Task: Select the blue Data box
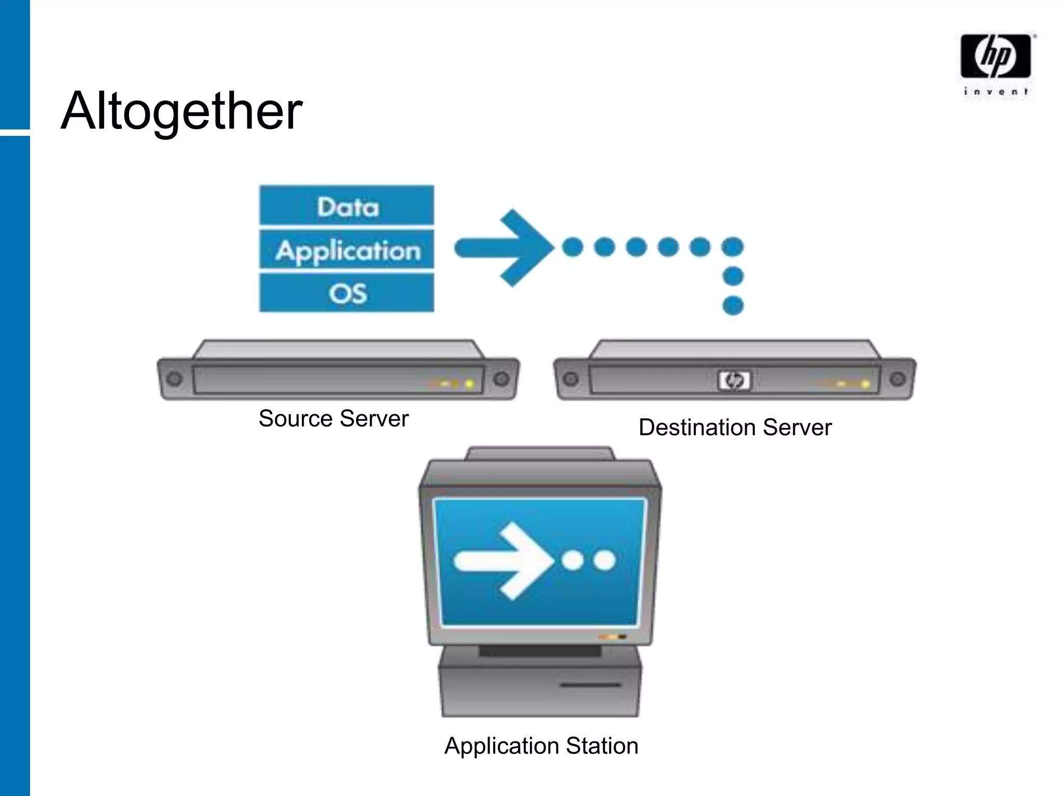click(347, 206)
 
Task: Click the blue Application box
click(347, 250)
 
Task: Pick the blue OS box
click(347, 293)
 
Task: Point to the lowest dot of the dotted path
click(733, 305)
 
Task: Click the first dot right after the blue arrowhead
click(572, 247)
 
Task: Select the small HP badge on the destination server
click(734, 380)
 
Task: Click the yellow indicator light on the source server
click(469, 384)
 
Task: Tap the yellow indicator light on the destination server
click(865, 384)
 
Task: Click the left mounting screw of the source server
click(175, 379)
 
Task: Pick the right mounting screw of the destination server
click(898, 379)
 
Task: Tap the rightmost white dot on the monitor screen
click(604, 560)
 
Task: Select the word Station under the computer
click(602, 746)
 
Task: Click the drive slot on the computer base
click(590, 685)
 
